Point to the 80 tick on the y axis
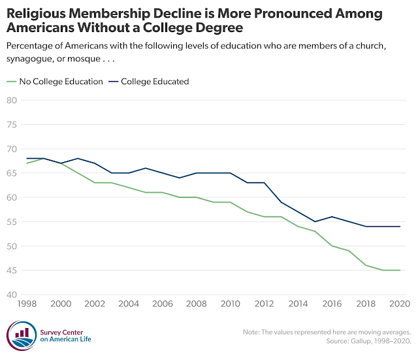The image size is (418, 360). [x=11, y=100]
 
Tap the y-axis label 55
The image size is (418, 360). [x=11, y=222]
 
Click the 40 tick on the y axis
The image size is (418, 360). [x=11, y=295]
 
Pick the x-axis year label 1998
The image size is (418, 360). [x=26, y=304]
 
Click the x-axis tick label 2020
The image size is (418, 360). [x=399, y=304]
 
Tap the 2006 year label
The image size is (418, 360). [x=162, y=304]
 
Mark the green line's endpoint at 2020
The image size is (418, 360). [x=399, y=270]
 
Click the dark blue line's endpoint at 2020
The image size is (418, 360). [x=399, y=227]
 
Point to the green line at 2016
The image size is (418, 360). [x=331, y=246]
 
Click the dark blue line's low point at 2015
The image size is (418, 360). [x=314, y=221]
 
